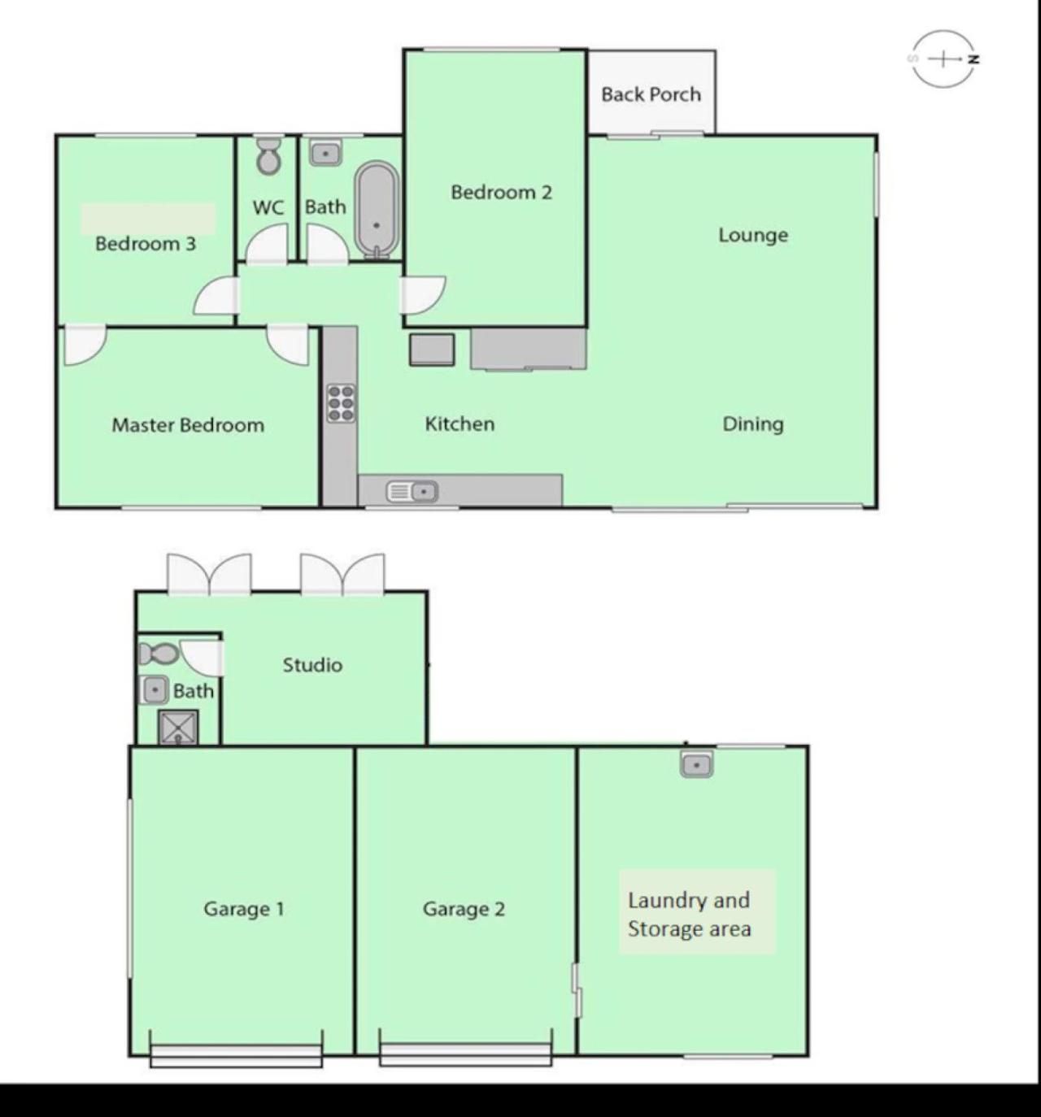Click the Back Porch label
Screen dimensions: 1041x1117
click(x=651, y=94)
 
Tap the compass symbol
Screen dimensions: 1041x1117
click(x=944, y=59)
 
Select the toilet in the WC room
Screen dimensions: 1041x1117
click(x=269, y=155)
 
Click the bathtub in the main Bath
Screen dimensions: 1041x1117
click(x=377, y=210)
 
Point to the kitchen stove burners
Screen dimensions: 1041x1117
click(x=341, y=403)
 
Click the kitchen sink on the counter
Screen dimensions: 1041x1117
click(x=412, y=492)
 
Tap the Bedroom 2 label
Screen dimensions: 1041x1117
click(x=501, y=193)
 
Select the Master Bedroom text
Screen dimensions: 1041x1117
click(x=188, y=424)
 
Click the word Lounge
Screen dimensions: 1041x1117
click(x=753, y=235)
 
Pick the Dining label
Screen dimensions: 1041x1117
click(x=753, y=424)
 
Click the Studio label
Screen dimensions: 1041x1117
click(x=312, y=665)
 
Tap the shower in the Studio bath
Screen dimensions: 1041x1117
click(x=178, y=728)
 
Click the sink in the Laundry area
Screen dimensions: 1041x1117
click(x=697, y=764)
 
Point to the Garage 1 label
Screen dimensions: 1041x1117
click(x=244, y=909)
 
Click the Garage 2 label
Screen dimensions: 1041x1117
click(x=464, y=909)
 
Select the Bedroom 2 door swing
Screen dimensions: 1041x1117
click(x=423, y=295)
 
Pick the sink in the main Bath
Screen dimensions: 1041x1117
click(x=325, y=153)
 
